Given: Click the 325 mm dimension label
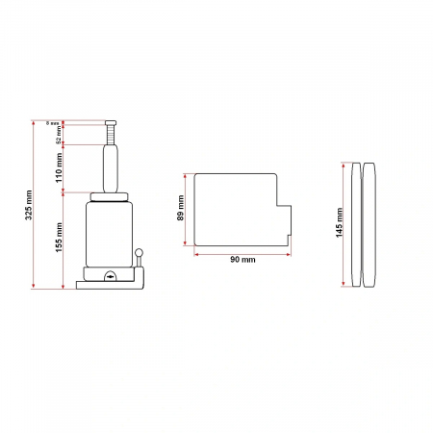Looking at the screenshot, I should pyautogui.click(x=28, y=204).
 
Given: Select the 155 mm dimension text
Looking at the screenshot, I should pyautogui.click(x=60, y=237).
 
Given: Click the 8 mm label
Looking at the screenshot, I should pyautogui.click(x=54, y=123).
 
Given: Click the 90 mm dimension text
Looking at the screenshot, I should pyautogui.click(x=242, y=260).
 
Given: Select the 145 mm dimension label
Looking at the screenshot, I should pyautogui.click(x=341, y=223).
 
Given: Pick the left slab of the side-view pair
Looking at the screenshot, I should pyautogui.click(x=356, y=223).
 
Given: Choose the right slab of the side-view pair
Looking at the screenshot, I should pyautogui.click(x=370, y=223).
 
